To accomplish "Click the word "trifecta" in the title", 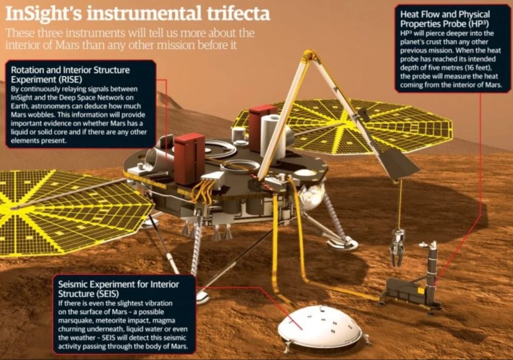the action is click(238, 14).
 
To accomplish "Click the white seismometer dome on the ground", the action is click(320, 327).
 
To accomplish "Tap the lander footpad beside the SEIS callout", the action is click(202, 297).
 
